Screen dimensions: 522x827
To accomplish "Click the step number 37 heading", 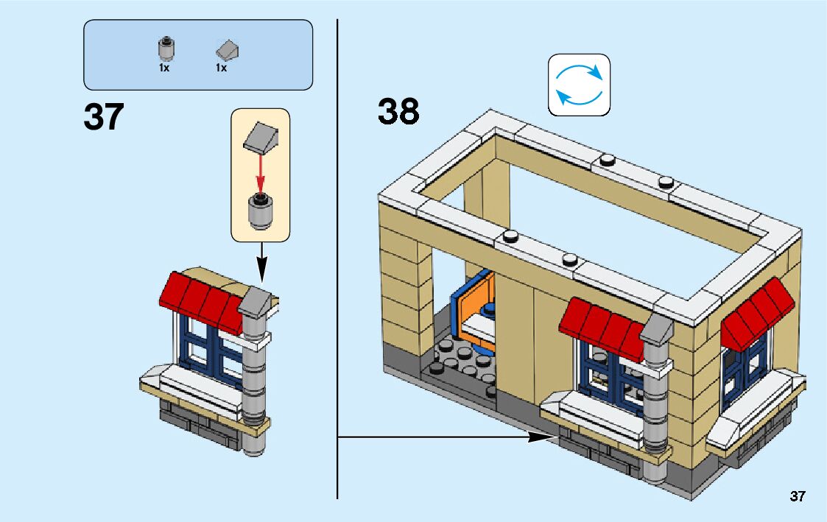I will coord(104,117).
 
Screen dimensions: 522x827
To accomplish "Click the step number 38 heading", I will coord(398,112).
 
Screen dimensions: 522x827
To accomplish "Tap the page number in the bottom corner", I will coord(798,496).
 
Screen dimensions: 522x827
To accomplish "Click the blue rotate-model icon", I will coord(579,85).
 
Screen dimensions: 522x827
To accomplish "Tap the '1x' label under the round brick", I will coord(164,68).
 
